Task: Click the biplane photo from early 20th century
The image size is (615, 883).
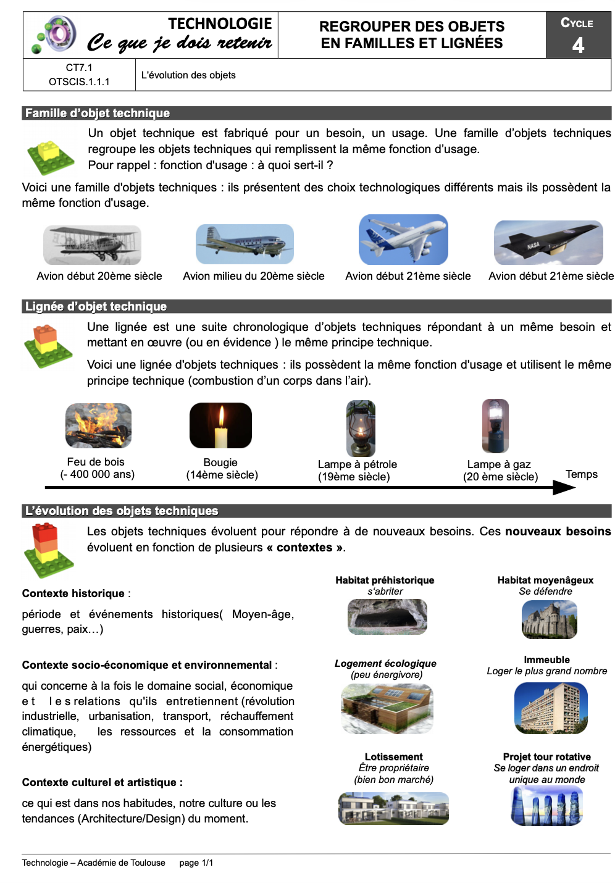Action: point(92,245)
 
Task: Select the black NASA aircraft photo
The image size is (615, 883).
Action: point(548,242)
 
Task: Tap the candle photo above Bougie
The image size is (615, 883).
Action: point(220,425)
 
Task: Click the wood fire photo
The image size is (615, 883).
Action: point(99,425)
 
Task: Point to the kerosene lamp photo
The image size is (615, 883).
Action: point(361,428)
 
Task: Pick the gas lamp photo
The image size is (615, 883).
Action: point(495,426)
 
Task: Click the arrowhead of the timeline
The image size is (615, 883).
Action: point(565,488)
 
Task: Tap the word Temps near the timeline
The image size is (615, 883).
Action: point(582,474)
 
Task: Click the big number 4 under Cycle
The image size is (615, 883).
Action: point(578,45)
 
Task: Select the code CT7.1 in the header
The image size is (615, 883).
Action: point(79,68)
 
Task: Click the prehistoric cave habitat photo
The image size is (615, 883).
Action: point(387,616)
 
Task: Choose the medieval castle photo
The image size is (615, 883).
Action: point(549,619)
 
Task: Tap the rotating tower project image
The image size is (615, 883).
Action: point(547,806)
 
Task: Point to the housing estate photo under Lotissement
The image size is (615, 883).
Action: point(393,808)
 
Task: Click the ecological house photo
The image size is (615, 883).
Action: point(387,709)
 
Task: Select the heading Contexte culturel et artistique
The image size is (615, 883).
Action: point(102,782)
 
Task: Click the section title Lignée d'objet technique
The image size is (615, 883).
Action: point(96,306)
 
